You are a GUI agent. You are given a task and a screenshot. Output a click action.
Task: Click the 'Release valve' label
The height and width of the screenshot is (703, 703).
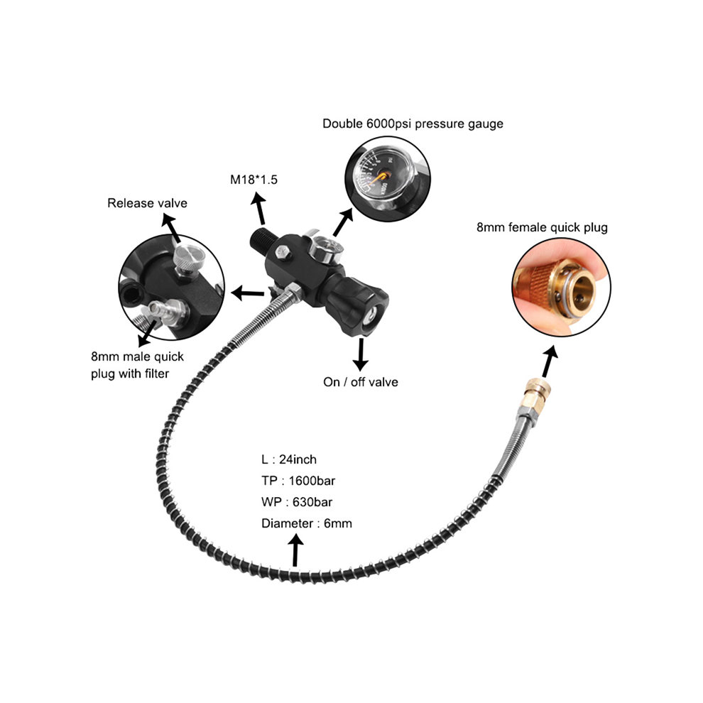coord(147,203)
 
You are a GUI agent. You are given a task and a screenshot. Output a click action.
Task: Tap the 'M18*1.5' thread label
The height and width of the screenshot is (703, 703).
coord(254,180)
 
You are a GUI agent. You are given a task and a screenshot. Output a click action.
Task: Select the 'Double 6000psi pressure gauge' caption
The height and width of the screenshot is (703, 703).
coord(413,124)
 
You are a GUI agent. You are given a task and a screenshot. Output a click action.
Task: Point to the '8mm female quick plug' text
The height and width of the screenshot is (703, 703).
coord(542,227)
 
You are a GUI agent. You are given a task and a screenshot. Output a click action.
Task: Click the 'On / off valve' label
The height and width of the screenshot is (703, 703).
coord(361,382)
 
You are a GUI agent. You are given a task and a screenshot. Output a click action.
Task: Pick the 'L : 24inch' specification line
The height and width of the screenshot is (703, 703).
coord(289,459)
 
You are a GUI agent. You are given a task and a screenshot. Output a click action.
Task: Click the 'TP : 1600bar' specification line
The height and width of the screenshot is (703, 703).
coord(298,481)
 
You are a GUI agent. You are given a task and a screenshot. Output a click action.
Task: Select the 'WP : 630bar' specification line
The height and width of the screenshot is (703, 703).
coord(297,502)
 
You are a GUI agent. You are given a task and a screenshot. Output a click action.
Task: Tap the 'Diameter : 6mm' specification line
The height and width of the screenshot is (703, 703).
coord(307,523)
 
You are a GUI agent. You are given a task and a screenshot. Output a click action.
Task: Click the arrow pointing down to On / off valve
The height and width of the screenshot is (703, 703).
coord(360,354)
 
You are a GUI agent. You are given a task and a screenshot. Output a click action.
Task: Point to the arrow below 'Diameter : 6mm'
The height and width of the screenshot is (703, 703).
coord(295,552)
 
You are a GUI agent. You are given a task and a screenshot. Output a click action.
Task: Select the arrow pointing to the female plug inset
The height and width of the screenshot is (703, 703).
coord(549,361)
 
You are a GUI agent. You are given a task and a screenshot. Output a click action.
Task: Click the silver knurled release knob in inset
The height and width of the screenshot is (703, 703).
coord(188,257)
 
